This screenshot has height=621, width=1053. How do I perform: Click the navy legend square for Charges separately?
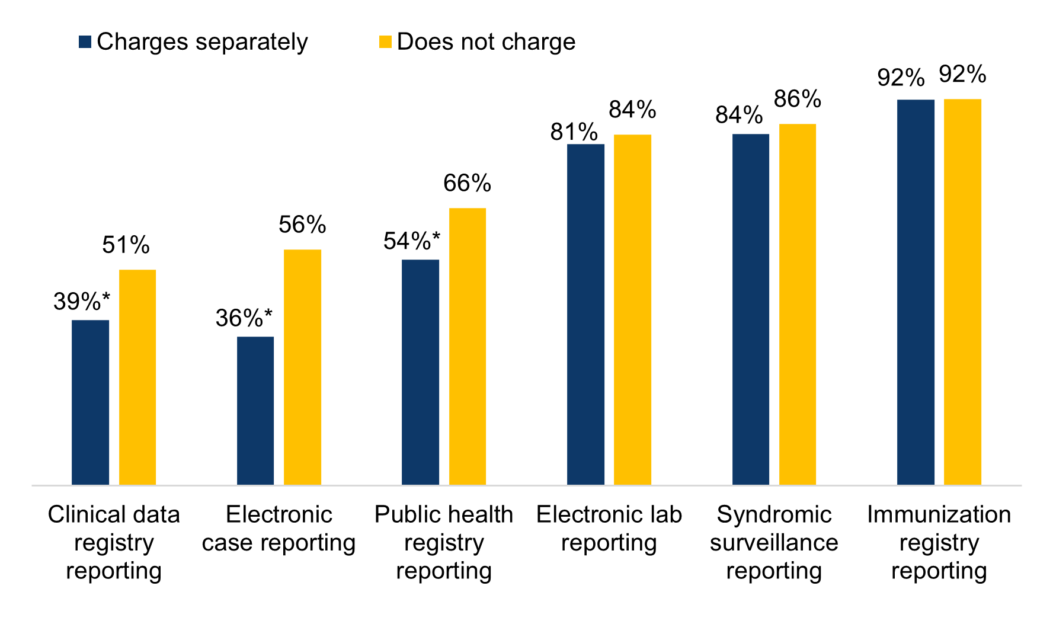(x=85, y=42)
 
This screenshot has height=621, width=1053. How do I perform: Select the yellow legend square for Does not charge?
(x=385, y=42)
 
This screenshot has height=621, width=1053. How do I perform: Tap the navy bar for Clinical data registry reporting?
(x=90, y=402)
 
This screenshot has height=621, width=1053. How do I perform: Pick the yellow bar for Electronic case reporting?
(x=302, y=367)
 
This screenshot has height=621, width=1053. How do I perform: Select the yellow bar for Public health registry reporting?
(x=467, y=346)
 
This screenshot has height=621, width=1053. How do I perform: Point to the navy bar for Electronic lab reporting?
(x=585, y=314)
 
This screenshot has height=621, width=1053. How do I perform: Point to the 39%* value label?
(x=82, y=302)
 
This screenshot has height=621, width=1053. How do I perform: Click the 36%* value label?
(x=244, y=318)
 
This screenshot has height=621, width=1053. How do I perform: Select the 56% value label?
(x=302, y=225)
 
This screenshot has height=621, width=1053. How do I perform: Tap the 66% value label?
(x=467, y=184)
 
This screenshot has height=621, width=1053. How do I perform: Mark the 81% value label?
(x=574, y=132)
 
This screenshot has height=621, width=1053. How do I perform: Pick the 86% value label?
(x=797, y=99)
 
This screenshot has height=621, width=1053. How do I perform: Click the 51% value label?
(x=126, y=245)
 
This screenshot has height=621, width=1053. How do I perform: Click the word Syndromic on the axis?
(x=774, y=514)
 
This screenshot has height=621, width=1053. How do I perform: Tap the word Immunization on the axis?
(x=939, y=514)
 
